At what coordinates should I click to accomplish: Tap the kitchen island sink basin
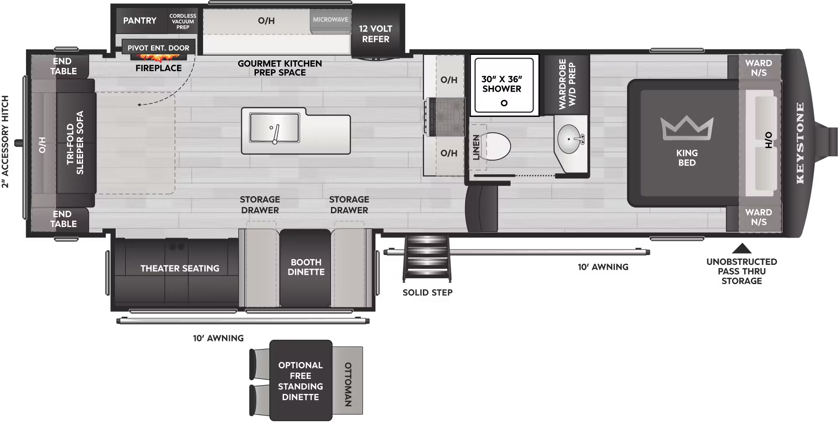coord(274,127)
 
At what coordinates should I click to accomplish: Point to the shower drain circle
coord(504,103)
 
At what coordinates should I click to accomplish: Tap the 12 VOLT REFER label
coord(375,34)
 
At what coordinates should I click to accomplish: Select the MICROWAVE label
coord(331,20)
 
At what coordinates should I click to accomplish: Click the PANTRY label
coord(140,21)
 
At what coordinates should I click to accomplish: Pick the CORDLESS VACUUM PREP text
coord(183,21)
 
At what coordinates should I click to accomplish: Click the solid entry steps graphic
coord(427,259)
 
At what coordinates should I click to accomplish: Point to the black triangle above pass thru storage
coord(742,249)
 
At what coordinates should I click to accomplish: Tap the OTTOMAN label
coord(348,384)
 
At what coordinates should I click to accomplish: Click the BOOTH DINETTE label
coord(306,267)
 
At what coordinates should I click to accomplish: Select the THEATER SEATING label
coord(180,268)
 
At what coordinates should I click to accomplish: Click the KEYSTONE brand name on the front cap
coord(800,143)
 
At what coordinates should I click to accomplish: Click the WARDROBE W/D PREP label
coord(567,84)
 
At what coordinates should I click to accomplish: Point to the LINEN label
coord(476,147)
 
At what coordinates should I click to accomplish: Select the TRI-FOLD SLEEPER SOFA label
coord(76,142)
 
